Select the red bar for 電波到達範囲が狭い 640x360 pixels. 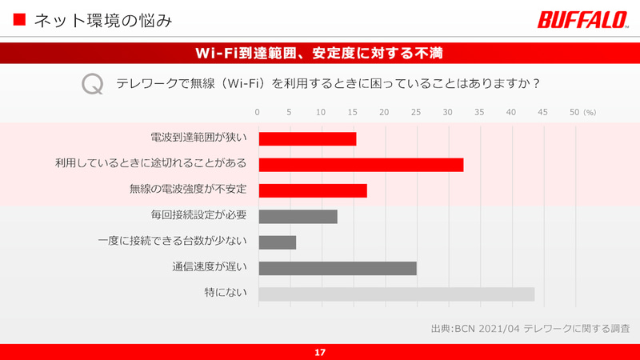[307, 139]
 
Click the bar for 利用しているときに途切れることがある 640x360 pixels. [361, 165]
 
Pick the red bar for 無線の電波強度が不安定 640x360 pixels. [313, 190]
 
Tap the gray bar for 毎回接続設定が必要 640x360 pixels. [298, 216]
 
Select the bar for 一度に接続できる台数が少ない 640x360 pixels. [277, 242]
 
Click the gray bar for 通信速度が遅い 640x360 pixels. [338, 268]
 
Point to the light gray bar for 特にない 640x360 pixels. [396, 294]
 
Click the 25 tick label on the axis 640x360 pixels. [415, 112]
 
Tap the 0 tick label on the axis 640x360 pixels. [258, 112]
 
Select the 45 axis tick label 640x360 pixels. [542, 112]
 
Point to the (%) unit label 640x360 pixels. [590, 113]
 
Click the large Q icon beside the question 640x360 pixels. [93, 83]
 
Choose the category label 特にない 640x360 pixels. [225, 294]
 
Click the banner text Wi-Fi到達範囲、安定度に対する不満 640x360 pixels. [320, 53]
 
